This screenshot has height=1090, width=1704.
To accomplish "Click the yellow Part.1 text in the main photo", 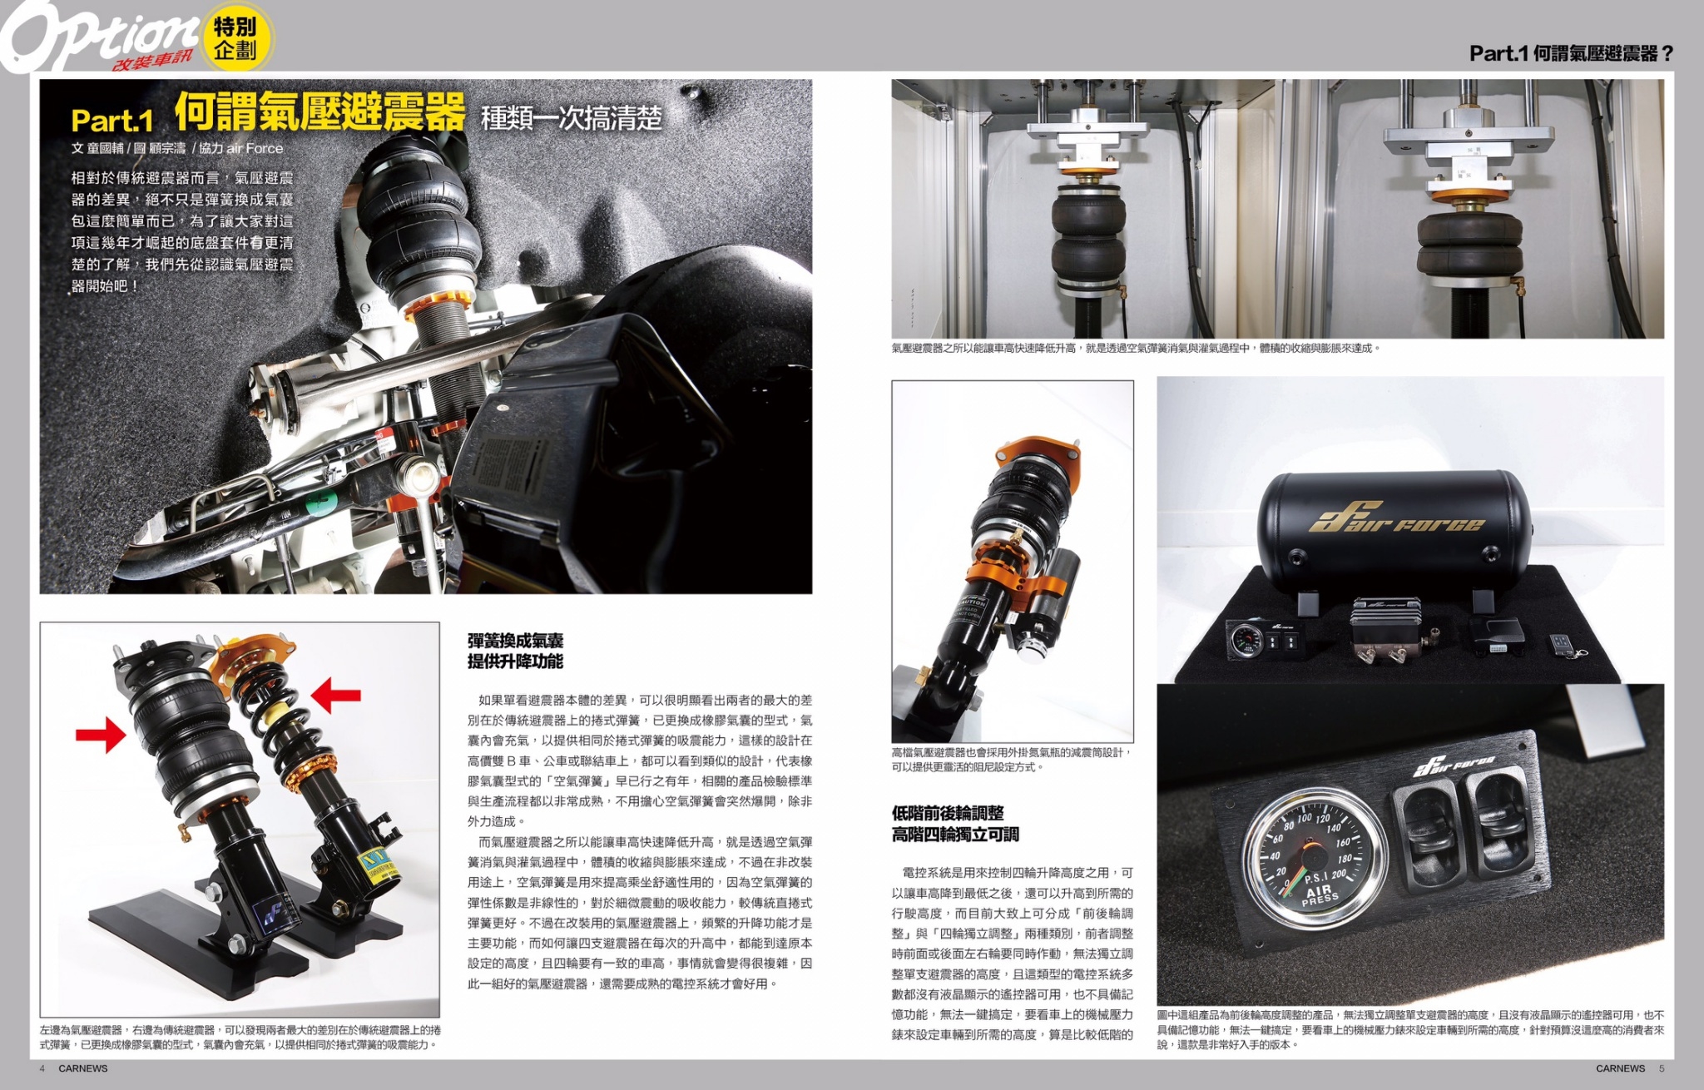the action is click(112, 121).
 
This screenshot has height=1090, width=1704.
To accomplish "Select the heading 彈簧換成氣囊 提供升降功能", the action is click(515, 651).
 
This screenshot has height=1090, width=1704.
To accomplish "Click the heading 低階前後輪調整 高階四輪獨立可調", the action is click(955, 824).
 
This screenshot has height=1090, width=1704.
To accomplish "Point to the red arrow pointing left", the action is click(336, 695).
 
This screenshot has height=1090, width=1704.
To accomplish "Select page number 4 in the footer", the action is click(42, 1068).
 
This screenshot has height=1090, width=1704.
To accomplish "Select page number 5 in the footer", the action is click(1662, 1068).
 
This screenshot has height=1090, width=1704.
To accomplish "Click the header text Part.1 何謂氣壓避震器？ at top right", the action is click(1571, 53).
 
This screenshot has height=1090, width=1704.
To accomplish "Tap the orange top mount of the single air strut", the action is click(1038, 458).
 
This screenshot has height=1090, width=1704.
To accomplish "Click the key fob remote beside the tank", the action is click(1563, 646).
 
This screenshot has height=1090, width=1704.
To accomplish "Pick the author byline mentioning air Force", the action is click(177, 148).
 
